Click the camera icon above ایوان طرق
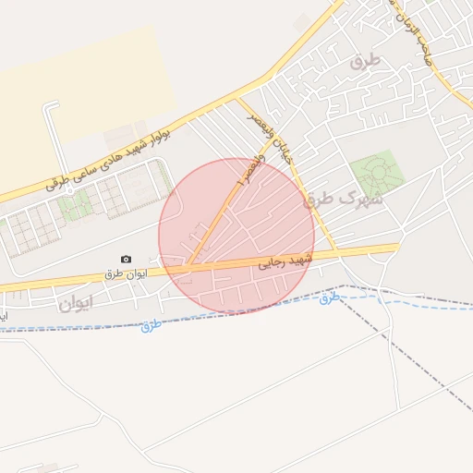126,260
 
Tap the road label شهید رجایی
286,262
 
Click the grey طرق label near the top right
365,62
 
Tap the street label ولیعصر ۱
249,172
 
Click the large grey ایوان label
75,302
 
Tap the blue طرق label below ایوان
152,326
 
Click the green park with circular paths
373,176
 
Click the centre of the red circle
236,236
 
